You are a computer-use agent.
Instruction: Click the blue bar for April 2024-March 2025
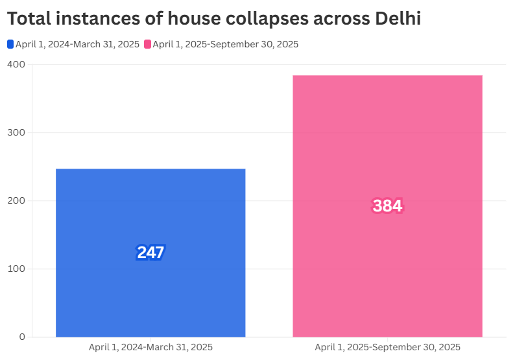150,195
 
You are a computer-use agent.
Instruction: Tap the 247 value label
150,252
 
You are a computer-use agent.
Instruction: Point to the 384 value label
387,206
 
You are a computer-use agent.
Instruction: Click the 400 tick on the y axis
17,65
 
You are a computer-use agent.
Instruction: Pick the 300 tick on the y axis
17,133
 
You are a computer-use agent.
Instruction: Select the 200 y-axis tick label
17,201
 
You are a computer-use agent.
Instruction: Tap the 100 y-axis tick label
17,269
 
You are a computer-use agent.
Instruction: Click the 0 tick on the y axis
22,337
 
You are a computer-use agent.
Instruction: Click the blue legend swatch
10,44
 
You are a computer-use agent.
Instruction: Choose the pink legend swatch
147,44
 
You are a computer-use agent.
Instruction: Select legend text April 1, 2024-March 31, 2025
77,44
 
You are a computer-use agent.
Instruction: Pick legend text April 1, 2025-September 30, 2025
225,44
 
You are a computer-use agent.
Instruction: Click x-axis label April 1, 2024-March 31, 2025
150,348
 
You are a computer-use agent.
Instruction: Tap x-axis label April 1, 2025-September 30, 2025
387,348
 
